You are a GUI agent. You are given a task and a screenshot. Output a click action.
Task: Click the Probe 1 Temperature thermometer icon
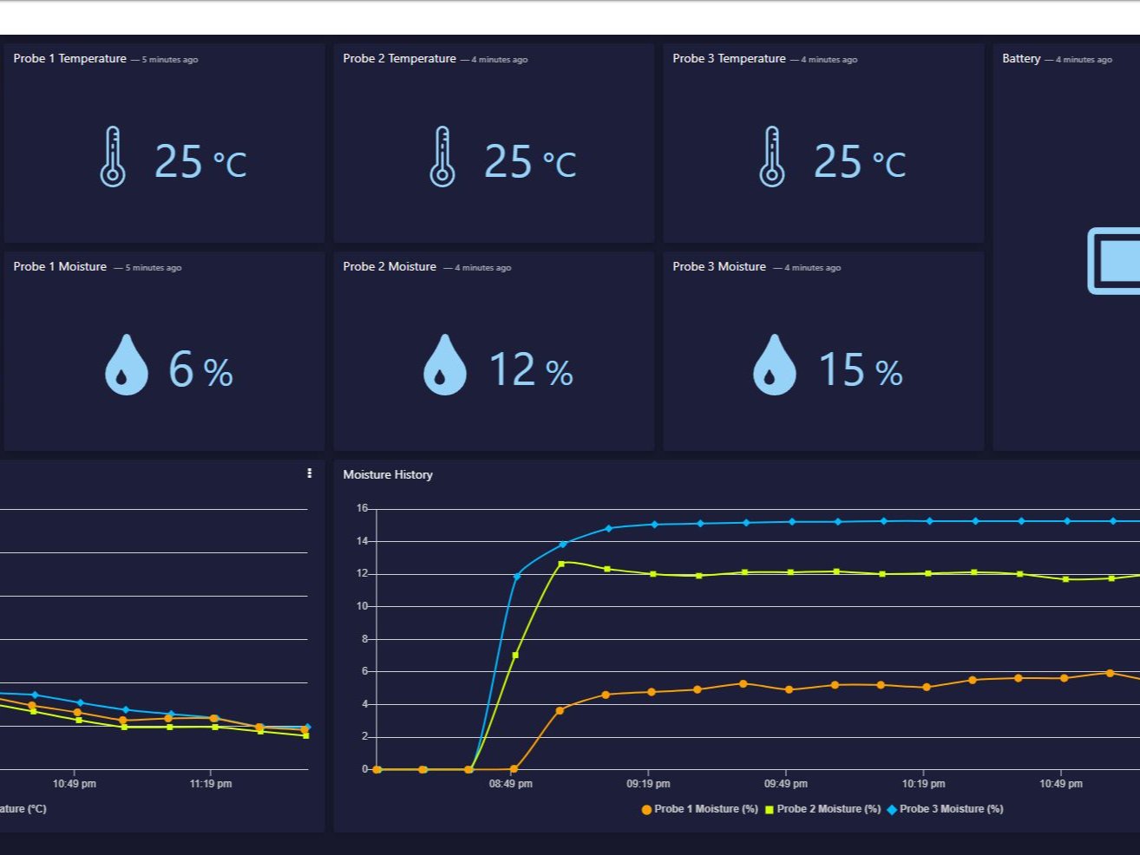(113, 157)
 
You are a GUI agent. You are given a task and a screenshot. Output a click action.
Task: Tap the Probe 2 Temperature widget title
(399, 59)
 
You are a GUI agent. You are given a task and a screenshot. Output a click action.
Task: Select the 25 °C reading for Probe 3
(859, 161)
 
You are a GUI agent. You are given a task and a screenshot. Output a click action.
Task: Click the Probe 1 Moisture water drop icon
(126, 365)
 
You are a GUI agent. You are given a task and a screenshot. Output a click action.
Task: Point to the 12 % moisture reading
(530, 370)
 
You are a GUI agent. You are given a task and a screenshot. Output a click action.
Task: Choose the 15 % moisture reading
(860, 370)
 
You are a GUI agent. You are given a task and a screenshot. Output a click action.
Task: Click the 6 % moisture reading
(200, 370)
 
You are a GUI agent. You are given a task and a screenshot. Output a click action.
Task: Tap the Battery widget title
(1021, 59)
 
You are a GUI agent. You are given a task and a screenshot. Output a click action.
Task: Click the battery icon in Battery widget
(1115, 260)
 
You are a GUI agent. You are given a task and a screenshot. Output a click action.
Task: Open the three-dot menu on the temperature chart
(309, 473)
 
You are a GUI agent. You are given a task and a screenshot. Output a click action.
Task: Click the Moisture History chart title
(388, 474)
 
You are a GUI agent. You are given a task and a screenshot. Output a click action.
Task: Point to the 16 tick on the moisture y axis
(362, 508)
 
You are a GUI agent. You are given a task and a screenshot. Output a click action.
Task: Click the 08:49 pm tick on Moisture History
(511, 784)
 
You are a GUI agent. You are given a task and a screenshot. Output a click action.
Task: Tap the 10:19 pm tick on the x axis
(923, 784)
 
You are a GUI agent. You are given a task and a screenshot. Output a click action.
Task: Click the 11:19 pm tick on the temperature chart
(211, 784)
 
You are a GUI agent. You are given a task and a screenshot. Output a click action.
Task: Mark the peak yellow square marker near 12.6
(561, 564)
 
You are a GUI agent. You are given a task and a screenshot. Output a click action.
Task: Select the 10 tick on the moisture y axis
(362, 606)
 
